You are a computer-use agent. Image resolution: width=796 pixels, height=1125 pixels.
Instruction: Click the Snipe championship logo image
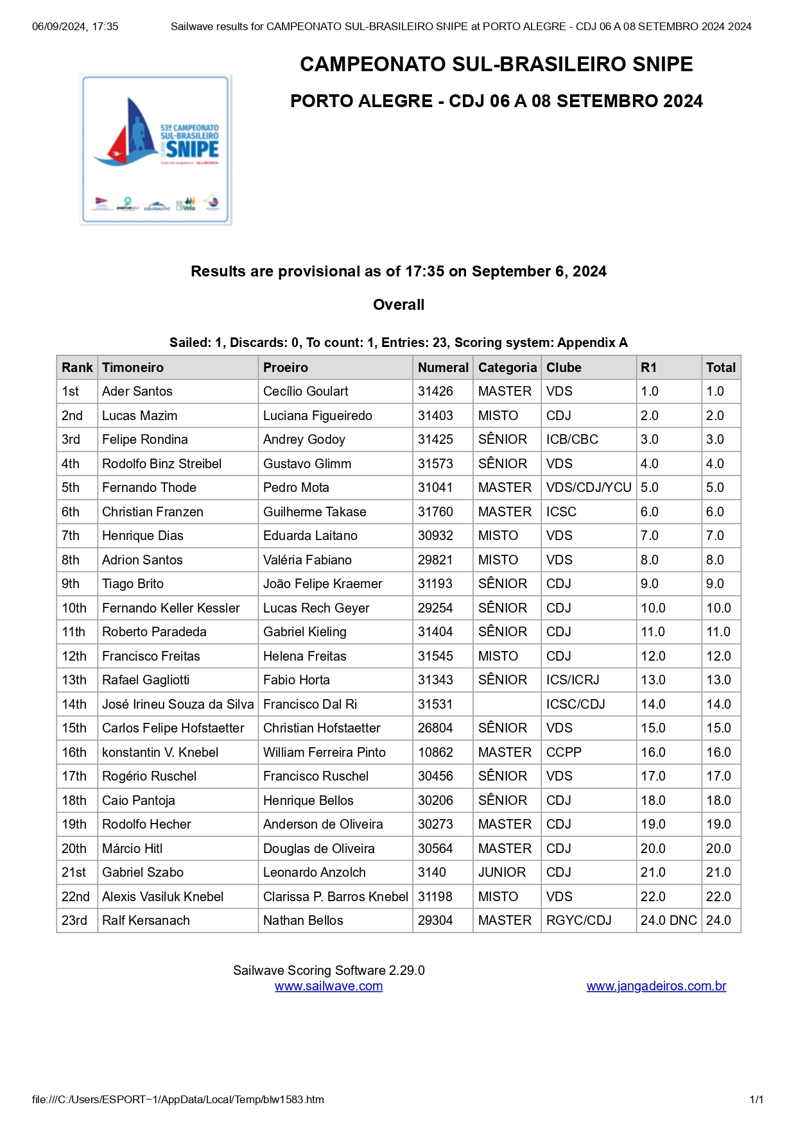coord(155,149)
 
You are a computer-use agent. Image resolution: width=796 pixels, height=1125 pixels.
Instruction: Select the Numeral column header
coord(443,368)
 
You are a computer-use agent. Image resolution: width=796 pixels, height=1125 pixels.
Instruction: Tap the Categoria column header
coord(507,368)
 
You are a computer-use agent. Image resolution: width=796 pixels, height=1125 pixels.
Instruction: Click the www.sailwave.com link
coord(329,986)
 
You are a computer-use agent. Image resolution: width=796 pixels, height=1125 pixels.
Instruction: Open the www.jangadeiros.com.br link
coord(656,986)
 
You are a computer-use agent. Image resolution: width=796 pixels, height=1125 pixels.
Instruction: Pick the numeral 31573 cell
coord(435,464)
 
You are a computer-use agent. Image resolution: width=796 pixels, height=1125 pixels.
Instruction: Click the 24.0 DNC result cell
coord(668,920)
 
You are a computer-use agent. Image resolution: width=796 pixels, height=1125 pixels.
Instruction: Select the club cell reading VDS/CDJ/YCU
coord(589,487)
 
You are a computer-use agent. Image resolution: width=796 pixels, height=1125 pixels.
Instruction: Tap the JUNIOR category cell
coord(502,872)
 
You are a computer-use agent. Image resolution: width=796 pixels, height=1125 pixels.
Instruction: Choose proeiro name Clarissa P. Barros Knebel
coord(335,897)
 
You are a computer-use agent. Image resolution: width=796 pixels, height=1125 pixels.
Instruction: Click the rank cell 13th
coord(74,680)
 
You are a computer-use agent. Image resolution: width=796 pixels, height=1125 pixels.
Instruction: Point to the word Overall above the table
coord(399,305)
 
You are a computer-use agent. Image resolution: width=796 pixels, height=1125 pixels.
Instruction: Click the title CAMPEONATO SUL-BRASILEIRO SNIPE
coord(496,64)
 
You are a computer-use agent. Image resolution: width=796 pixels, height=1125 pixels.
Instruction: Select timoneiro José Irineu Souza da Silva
coord(178,704)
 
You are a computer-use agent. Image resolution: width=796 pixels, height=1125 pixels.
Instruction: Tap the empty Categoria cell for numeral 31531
coord(507,704)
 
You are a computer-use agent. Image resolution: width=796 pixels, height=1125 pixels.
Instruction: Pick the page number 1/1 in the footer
coord(756,1099)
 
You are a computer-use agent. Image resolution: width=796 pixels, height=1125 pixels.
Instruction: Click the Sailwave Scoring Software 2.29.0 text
coord(329,970)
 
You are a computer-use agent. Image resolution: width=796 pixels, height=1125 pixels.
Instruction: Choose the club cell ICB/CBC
coord(572,439)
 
